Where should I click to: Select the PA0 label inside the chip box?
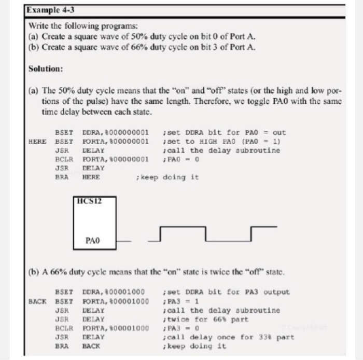pyautogui.click(x=93, y=241)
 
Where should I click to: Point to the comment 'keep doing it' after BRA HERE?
pyautogui.click(x=166, y=177)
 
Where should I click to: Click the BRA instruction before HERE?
pyautogui.click(x=62, y=177)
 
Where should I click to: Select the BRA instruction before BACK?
pyautogui.click(x=62, y=345)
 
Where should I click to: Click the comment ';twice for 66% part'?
pyautogui.click(x=205, y=319)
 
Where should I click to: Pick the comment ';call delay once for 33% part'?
pyautogui.click(x=228, y=337)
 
